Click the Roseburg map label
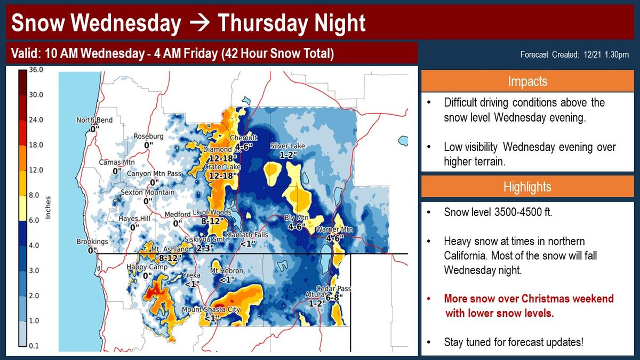[149, 137]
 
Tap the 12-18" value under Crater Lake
[223, 175]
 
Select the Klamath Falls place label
[247, 235]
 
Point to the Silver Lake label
[287, 146]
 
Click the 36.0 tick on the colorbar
[36, 70]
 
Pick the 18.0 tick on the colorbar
[36, 145]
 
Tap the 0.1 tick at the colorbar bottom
[34, 346]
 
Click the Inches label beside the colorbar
[48, 207]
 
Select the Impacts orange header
[527, 81]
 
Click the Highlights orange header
[527, 187]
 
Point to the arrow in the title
[199, 23]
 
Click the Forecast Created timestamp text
[574, 54]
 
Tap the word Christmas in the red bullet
[553, 299]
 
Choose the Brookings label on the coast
[92, 242]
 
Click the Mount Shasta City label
[211, 309]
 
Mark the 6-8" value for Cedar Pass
[334, 298]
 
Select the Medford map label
[178, 214]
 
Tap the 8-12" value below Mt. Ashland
[170, 258]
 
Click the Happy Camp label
[147, 267]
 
